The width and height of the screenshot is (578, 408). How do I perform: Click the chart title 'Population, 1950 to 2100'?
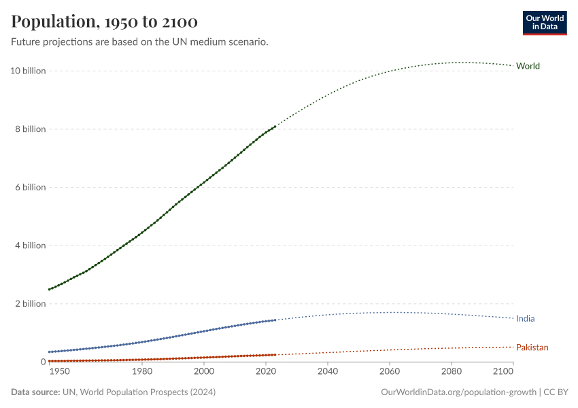(105, 22)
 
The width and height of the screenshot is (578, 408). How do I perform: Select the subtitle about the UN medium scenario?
(139, 42)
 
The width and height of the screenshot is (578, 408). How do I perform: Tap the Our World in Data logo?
(544, 22)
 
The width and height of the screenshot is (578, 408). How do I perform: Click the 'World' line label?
(528, 66)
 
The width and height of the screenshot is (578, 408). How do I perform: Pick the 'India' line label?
(525, 318)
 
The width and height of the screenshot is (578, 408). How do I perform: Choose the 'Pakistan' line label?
(532, 347)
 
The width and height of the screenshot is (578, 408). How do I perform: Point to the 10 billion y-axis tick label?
(28, 71)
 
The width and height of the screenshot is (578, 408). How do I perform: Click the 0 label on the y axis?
(42, 362)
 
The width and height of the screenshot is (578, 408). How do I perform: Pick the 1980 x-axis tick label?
(141, 372)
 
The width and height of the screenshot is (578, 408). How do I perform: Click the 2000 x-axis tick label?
(203, 372)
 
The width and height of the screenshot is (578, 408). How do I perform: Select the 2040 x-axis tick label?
(327, 372)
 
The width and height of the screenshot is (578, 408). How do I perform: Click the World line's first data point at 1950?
(49, 290)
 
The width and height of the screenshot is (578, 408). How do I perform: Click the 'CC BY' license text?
(556, 392)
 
